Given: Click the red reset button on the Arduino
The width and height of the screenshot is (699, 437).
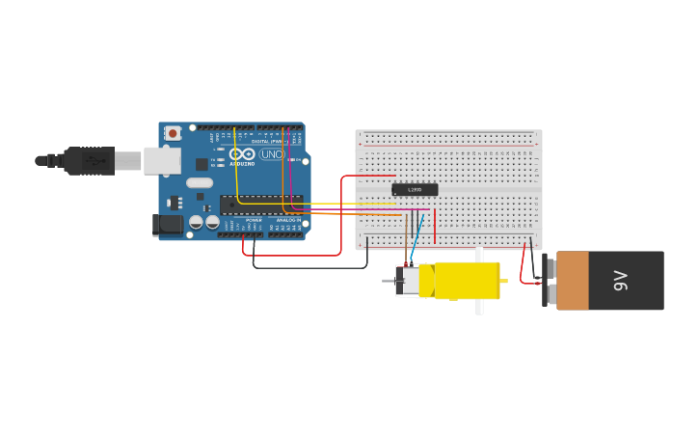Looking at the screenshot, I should coord(173,133).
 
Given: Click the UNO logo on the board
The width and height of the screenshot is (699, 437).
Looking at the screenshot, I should coord(271,154).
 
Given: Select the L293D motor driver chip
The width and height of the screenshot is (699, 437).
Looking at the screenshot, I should coord(415,190).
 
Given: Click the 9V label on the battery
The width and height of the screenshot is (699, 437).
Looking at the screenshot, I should coord(621,281).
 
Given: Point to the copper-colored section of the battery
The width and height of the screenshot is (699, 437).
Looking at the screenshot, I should coord(573,281).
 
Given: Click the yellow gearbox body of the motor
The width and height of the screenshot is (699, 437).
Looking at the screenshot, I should coord(467,281).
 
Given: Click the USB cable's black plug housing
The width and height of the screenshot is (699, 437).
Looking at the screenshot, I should coord(91,161).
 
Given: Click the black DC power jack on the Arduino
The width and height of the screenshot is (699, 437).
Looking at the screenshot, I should coord(168,225).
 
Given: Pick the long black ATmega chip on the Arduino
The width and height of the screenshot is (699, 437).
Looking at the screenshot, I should coord(260,204).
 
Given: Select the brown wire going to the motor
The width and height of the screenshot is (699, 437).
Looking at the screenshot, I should coord(407,246).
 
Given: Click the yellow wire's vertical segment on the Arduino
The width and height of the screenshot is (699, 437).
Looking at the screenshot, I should coord(235,164).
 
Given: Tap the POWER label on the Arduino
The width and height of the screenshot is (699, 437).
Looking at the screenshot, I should coord(254,220).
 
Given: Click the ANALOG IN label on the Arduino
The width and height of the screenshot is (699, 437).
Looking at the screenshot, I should coord(287,220).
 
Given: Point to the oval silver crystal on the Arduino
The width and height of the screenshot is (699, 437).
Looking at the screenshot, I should coord(200,182).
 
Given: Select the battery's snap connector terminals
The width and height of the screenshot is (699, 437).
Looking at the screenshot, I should coord(547,281).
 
